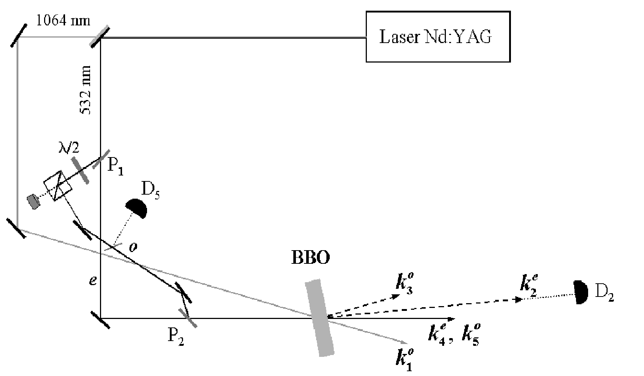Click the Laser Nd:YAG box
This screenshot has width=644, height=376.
[438, 36]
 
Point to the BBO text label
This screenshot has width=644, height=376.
[311, 258]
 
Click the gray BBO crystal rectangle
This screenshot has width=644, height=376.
[320, 318]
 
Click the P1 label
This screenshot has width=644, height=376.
[115, 167]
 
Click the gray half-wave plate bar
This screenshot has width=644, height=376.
[80, 170]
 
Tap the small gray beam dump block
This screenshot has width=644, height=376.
[33, 202]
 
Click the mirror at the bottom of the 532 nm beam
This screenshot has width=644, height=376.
[100, 320]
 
